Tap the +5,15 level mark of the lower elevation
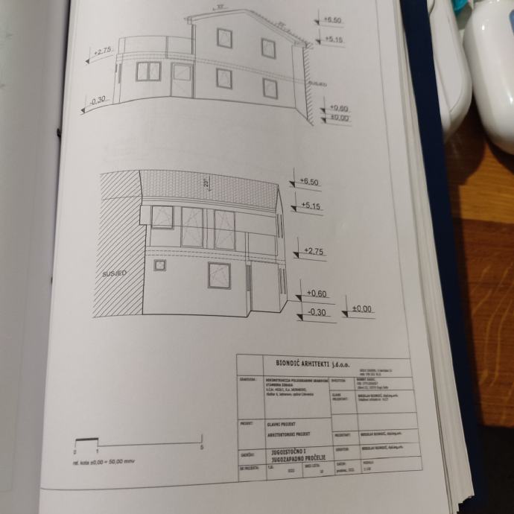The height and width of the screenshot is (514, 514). [x=311, y=206]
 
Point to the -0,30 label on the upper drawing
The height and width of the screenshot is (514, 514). [x=98, y=100]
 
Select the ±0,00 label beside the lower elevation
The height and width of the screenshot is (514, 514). [x=362, y=308]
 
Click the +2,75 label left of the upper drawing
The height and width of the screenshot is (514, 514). [x=103, y=52]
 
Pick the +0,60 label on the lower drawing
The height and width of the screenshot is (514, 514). [x=317, y=294]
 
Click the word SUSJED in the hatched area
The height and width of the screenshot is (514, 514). [x=114, y=273]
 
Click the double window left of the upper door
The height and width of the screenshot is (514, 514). [x=148, y=72]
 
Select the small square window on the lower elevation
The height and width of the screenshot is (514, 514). [x=159, y=265]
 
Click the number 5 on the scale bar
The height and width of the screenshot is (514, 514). [x=202, y=447]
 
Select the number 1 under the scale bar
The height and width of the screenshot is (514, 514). [x=97, y=451]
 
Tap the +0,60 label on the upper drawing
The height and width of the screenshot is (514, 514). [x=339, y=109]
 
